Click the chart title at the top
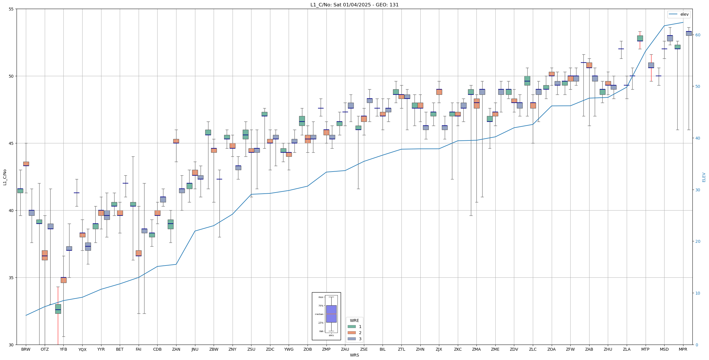click(x=354, y=5)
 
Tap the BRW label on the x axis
click(x=26, y=349)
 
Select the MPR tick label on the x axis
click(x=683, y=349)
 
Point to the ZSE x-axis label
click(x=364, y=349)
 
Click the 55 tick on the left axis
click(x=11, y=9)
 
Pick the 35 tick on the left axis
click(x=11, y=278)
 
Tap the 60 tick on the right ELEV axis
click(x=697, y=35)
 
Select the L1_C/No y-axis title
click(x=5, y=177)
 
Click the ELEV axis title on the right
click(x=704, y=177)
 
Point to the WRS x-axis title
click(x=354, y=355)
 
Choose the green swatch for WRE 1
click(x=351, y=327)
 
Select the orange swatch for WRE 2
click(x=351, y=333)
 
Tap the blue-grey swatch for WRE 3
click(x=351, y=339)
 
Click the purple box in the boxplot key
click(x=331, y=314)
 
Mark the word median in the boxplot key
click(x=319, y=314)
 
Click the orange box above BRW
click(x=26, y=164)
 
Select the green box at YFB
click(x=58, y=309)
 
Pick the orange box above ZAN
click(x=176, y=141)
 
